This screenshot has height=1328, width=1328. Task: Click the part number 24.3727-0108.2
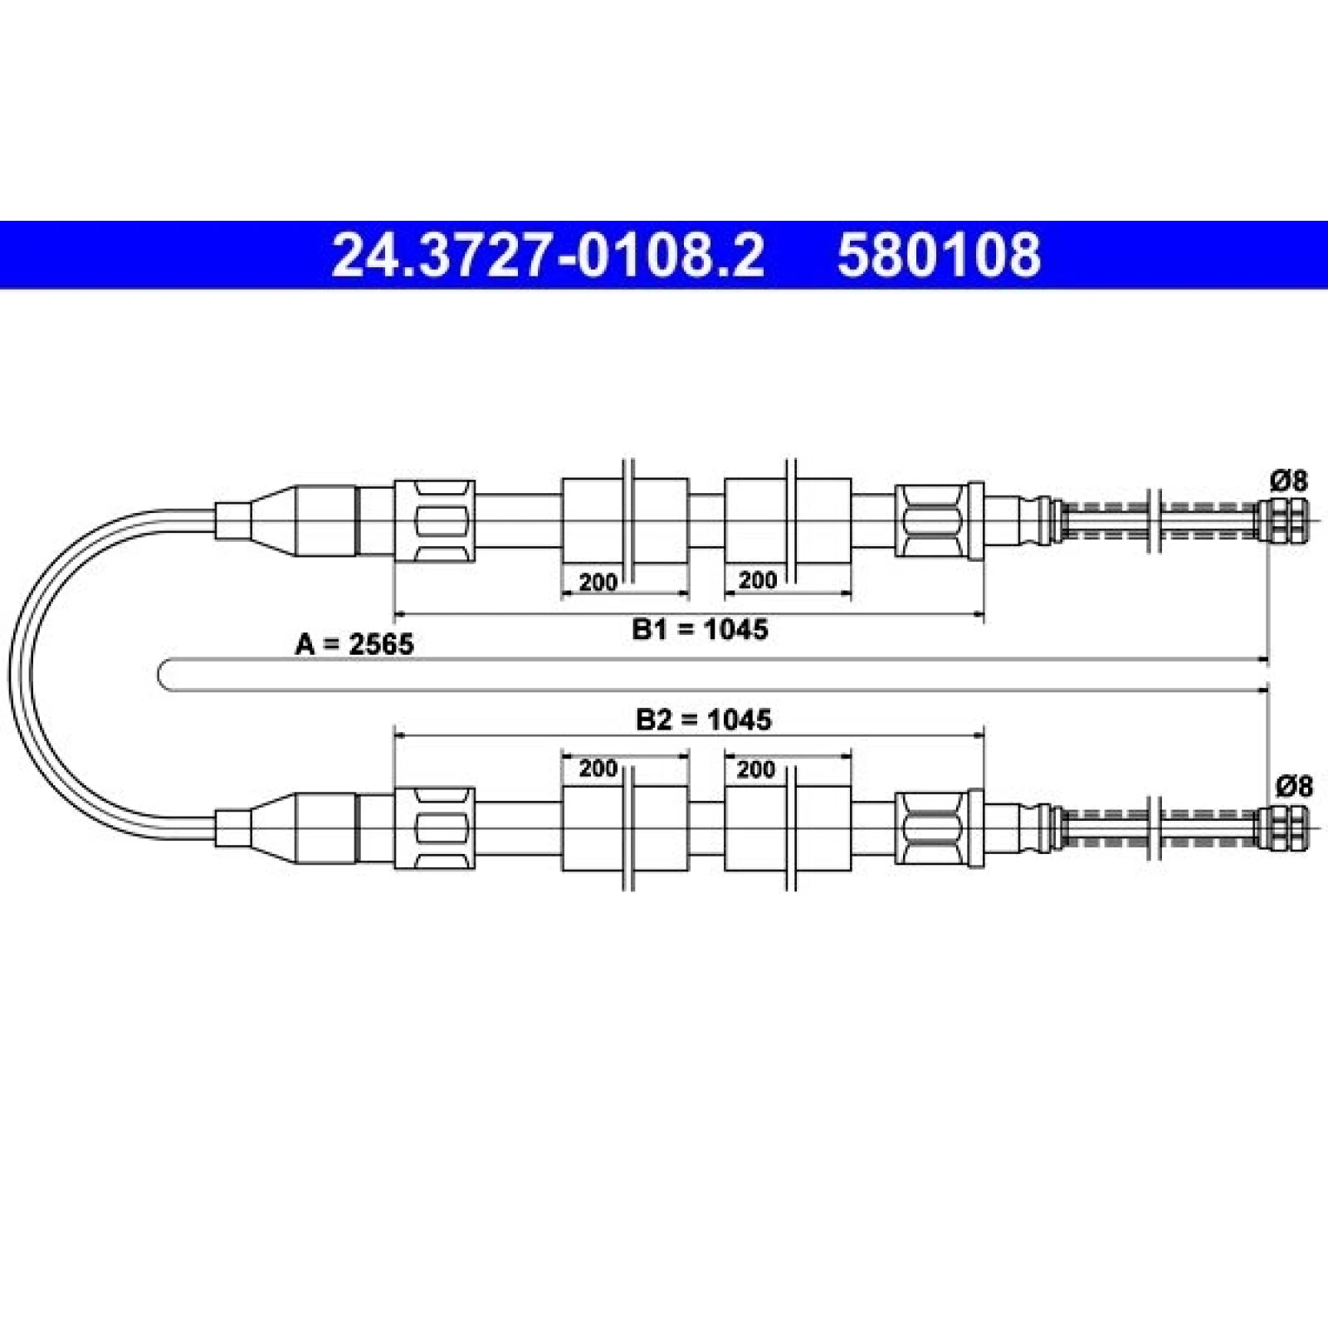pyautogui.click(x=548, y=255)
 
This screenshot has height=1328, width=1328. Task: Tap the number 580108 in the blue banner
pyautogui.click(x=939, y=255)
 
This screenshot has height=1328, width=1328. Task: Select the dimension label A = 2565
pyautogui.click(x=354, y=643)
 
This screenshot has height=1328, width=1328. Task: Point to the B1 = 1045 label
pyautogui.click(x=701, y=629)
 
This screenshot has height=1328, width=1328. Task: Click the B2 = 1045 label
pyautogui.click(x=704, y=719)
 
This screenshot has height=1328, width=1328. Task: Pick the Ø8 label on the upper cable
pyautogui.click(x=1289, y=481)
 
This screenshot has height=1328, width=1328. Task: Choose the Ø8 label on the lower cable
pyautogui.click(x=1294, y=785)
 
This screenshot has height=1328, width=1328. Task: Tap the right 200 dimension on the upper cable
pyautogui.click(x=757, y=580)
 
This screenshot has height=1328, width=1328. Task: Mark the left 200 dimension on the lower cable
pyautogui.click(x=598, y=769)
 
